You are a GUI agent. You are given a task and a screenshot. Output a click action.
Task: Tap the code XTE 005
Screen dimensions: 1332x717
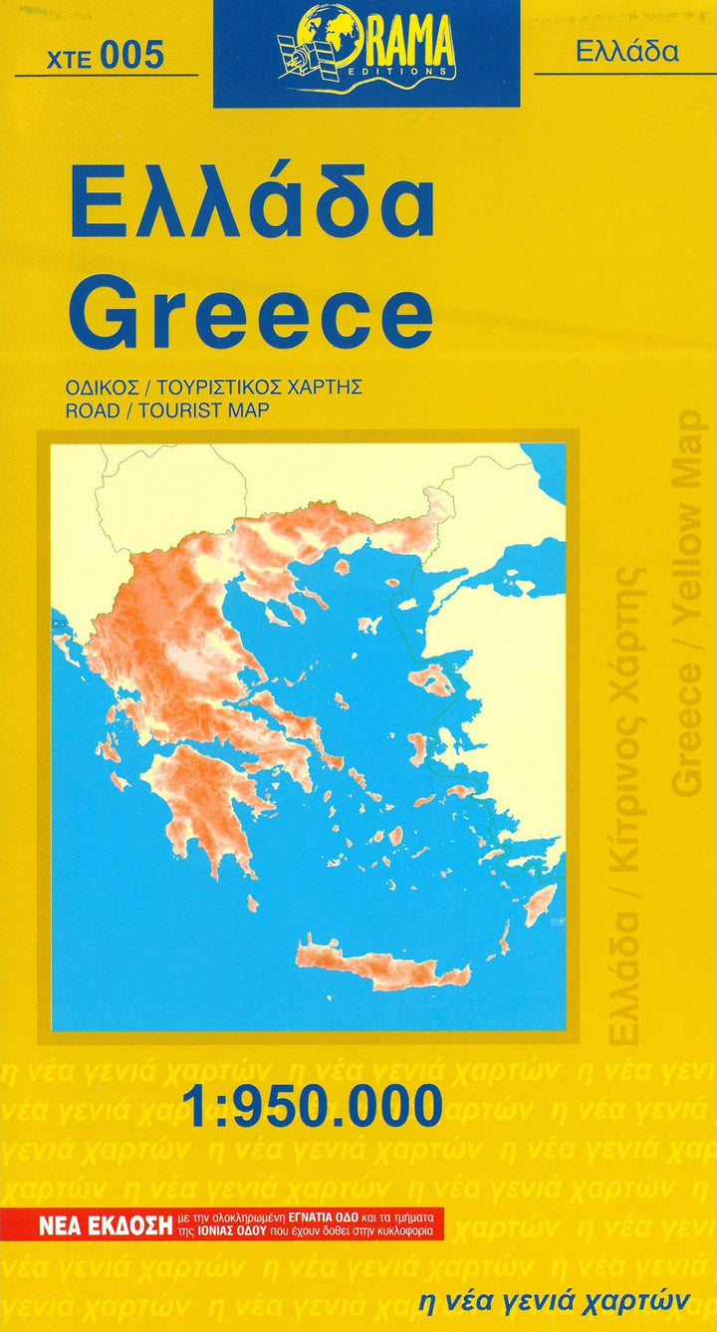pos(105,57)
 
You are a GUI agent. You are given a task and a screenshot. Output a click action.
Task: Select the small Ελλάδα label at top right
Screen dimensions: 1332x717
pos(626,52)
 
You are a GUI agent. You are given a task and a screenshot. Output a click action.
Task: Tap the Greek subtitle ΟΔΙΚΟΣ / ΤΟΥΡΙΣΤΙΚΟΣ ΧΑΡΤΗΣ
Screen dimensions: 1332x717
pos(214,389)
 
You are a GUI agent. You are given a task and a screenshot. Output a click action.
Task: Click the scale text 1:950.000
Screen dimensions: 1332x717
pos(312,1106)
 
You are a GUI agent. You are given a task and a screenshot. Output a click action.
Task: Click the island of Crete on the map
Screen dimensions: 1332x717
pos(379,961)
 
